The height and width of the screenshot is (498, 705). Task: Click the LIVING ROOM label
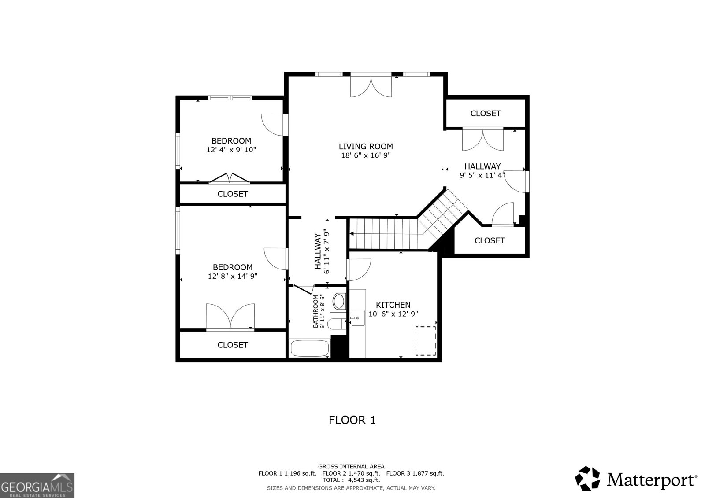click(x=366, y=147)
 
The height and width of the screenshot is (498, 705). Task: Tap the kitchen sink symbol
click(x=357, y=317)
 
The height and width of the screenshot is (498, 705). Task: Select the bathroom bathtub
click(x=309, y=349)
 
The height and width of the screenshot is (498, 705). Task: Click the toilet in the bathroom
click(x=338, y=325)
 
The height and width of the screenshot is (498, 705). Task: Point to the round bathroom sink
click(x=339, y=302)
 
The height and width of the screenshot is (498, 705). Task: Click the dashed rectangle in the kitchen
click(x=426, y=341)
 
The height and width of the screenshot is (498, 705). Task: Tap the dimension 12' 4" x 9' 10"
click(x=231, y=150)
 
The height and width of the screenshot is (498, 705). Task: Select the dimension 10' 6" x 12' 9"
click(x=393, y=314)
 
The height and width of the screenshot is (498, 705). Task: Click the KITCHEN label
click(x=393, y=305)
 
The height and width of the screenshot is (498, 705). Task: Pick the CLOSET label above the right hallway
click(x=486, y=113)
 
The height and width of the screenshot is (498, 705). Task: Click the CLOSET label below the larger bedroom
click(x=233, y=345)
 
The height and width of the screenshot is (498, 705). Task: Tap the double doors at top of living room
click(x=371, y=86)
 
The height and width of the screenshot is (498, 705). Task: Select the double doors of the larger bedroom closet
click(x=230, y=316)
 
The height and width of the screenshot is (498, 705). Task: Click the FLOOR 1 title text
click(x=352, y=420)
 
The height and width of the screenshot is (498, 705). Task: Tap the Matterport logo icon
click(x=588, y=479)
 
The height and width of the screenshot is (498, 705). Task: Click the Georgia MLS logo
click(x=37, y=485)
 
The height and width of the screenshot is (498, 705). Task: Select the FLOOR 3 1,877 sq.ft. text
click(x=415, y=473)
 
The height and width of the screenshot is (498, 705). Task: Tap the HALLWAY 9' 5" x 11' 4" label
click(x=482, y=170)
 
